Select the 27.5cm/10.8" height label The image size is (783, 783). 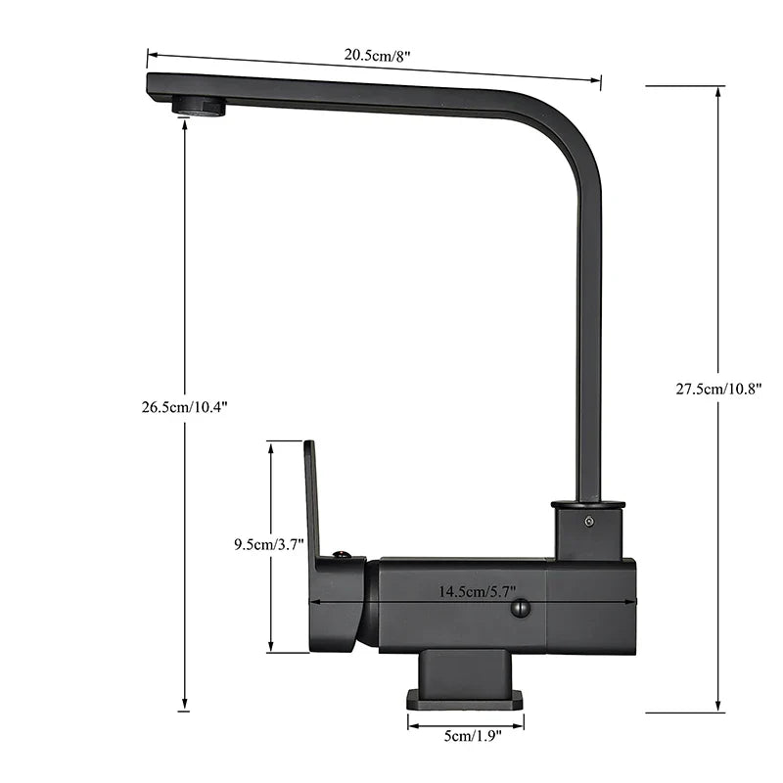[x=719, y=388]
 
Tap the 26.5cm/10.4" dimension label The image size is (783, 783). [x=185, y=407]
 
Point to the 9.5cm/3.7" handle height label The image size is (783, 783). [x=269, y=544]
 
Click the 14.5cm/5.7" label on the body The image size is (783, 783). [x=477, y=591]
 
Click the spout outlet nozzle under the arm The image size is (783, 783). [x=200, y=107]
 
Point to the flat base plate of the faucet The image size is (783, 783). [x=465, y=698]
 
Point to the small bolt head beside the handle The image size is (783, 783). [x=341, y=556]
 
